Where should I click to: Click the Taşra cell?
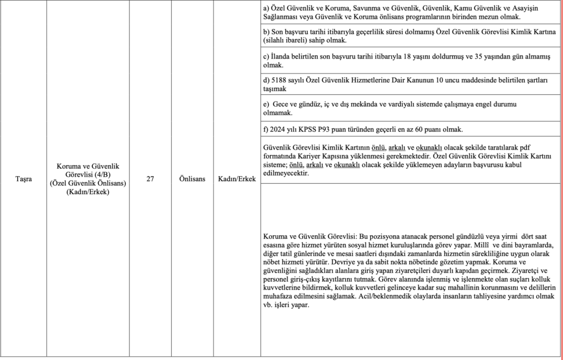click(23, 179)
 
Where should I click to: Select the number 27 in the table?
click(150, 179)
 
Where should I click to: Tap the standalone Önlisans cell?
click(192, 179)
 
